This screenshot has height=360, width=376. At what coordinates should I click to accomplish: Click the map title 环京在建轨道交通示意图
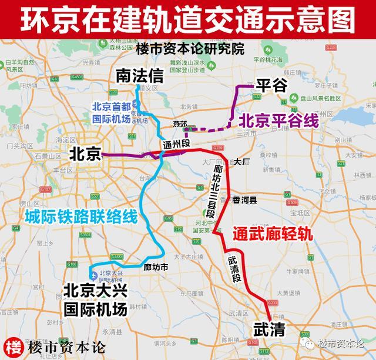188,18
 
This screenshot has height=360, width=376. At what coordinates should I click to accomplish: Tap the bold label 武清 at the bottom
268,329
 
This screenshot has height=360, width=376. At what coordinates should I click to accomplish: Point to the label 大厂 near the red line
241,161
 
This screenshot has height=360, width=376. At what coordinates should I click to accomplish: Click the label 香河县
244,200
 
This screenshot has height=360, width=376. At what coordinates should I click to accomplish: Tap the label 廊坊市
156,266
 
